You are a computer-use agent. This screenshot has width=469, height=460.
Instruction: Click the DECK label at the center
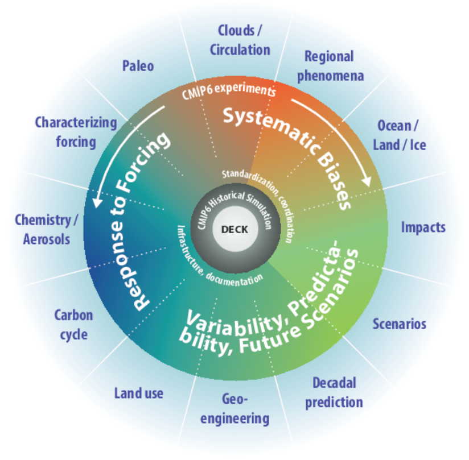[234, 230]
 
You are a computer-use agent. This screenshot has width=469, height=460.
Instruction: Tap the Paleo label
[138, 66]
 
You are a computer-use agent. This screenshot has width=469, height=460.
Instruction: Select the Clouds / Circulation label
[240, 40]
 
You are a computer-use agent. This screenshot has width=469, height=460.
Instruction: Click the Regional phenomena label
[330, 67]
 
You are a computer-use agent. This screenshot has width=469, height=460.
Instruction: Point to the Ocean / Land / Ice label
[400, 135]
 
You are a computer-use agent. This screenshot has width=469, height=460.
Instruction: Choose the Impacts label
[423, 227]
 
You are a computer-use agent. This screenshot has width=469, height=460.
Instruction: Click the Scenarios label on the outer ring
[400, 324]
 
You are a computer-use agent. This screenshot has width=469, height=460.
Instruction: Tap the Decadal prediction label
[334, 393]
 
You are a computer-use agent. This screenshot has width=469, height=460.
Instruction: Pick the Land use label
[139, 393]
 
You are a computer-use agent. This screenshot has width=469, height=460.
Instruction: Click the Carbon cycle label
[73, 325]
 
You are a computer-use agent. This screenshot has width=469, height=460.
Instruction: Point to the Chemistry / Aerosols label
[46, 230]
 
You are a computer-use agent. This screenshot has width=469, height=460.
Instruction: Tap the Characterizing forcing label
[76, 132]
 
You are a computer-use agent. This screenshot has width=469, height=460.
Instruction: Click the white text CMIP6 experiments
[229, 90]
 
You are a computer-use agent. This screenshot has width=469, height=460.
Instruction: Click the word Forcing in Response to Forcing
[144, 162]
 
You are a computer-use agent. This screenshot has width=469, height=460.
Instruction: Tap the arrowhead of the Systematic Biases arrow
[367, 181]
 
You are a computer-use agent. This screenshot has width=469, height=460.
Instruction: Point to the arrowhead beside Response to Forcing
[97, 202]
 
